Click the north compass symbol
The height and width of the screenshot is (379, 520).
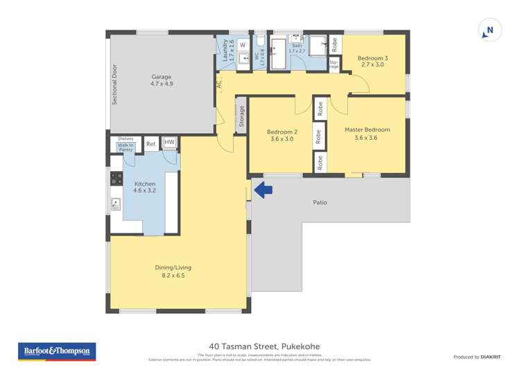click(x=489, y=31)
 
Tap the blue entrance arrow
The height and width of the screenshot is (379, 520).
click(x=262, y=188)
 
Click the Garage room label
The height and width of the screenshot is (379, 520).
click(x=162, y=80)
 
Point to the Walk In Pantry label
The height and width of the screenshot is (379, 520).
click(x=125, y=148)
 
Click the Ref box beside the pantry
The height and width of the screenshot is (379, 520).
click(x=150, y=144)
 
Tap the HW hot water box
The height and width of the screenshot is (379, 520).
click(x=169, y=143)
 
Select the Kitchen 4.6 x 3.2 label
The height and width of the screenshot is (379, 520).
click(x=144, y=188)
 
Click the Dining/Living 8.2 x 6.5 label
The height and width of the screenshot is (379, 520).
click(x=173, y=271)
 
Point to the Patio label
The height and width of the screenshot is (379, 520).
click(x=320, y=202)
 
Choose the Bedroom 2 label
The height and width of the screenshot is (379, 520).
click(x=282, y=135)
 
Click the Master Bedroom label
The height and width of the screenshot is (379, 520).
click(x=367, y=133)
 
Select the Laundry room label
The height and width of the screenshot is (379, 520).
click(x=225, y=51)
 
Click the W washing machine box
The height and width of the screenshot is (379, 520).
click(x=243, y=46)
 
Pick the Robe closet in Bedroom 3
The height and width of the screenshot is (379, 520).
click(x=334, y=45)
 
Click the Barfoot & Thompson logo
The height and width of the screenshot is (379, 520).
click(x=58, y=351)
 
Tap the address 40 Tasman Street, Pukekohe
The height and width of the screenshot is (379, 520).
click(x=264, y=346)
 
